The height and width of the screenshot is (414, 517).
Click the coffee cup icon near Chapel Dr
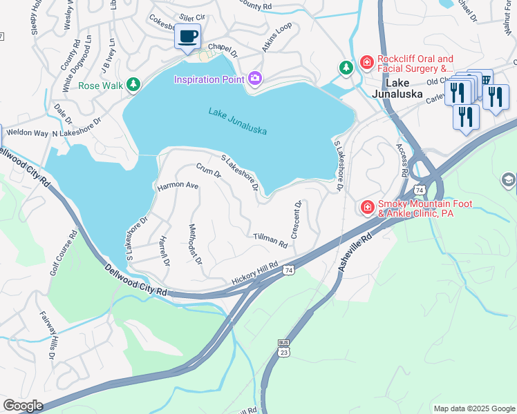(x=187, y=36)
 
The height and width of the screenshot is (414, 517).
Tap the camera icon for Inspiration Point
(x=255, y=79)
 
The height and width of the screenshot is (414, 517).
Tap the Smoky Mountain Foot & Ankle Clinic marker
(x=367, y=206)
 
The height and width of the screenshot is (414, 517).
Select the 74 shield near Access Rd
(x=419, y=189)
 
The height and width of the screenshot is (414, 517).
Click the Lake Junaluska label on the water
(x=237, y=121)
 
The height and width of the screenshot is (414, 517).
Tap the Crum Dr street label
(x=207, y=170)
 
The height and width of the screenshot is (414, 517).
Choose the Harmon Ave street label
(x=178, y=186)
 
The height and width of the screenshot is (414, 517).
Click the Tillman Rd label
(x=270, y=239)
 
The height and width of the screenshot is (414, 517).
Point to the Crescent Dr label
(x=296, y=219)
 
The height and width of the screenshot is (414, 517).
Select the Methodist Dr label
(x=195, y=244)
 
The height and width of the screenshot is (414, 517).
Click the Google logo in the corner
(x=23, y=406)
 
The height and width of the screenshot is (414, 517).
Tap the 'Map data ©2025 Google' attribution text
(x=473, y=408)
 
